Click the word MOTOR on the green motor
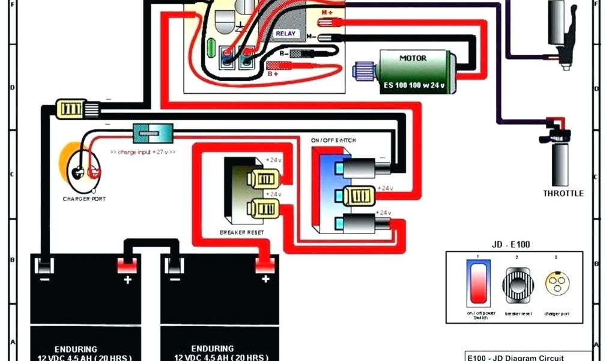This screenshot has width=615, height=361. tap(413, 58)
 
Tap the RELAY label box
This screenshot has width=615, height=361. tap(285, 34)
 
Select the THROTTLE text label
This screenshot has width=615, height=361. tap(563, 194)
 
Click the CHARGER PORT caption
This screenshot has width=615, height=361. tap(83, 199)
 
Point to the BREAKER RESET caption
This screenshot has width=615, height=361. tap(243, 232)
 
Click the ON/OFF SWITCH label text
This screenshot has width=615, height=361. tap(333, 140)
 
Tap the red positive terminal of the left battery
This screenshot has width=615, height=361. tap(127, 265)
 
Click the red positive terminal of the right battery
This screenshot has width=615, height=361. tap(264, 265)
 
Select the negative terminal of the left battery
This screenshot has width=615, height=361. tap(43, 265)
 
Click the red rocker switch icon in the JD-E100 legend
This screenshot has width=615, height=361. tap(478, 283)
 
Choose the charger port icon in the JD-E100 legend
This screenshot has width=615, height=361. tap(556, 282)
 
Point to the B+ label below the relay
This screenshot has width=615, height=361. tap(273, 73)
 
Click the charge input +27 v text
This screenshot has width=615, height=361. tap(143, 152)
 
